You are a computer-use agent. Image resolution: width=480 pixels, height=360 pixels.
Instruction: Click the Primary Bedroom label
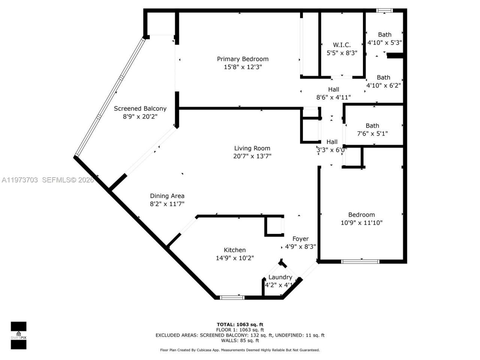pyautogui.click(x=243, y=59)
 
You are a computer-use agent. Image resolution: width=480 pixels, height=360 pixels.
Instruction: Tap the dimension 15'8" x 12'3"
pyautogui.click(x=243, y=67)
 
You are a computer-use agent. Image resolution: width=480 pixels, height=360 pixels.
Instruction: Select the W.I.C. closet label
pyautogui.click(x=342, y=45)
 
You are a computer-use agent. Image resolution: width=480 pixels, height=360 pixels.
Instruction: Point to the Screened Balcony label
pyautogui.click(x=140, y=108)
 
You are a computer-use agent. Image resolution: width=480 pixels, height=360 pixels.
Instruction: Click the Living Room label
pyautogui.click(x=252, y=148)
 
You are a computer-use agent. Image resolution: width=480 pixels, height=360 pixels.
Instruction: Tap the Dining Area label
pyautogui.click(x=167, y=196)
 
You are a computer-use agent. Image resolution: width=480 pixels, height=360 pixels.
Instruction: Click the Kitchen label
pyautogui.click(x=235, y=250)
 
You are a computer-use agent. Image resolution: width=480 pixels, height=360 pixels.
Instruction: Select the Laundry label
pyautogui.click(x=280, y=277)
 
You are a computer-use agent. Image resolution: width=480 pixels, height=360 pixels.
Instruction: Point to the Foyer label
pyautogui.click(x=300, y=239)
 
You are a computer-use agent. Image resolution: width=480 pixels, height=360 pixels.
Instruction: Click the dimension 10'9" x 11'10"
pyautogui.click(x=361, y=223)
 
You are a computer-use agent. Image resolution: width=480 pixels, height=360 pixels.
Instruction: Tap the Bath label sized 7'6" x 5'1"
pyautogui.click(x=372, y=126)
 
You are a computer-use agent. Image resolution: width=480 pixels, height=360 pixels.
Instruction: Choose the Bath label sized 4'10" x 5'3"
pyautogui.click(x=384, y=34)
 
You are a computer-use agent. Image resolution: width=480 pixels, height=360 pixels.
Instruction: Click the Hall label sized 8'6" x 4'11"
pyautogui.click(x=333, y=89)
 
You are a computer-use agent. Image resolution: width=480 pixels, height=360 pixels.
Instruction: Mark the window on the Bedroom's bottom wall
pyautogui.click(x=360, y=261)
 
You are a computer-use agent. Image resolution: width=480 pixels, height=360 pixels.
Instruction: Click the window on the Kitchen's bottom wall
pyautogui.click(x=232, y=298)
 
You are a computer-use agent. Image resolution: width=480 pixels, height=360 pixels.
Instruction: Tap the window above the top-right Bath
pyautogui.click(x=385, y=11)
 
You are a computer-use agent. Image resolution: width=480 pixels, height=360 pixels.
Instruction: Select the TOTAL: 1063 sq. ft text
pyautogui.click(x=240, y=324)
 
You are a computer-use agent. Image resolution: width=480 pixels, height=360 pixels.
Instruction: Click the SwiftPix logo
pyautogui.click(x=18, y=335)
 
